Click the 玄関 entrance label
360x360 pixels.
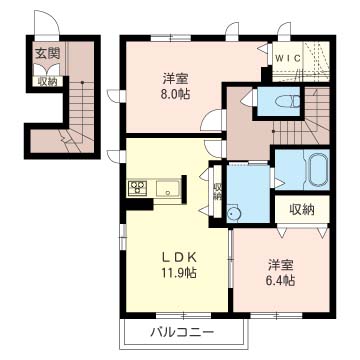[48, 53]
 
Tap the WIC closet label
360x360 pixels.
[288, 58]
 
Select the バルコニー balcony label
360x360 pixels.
[182, 332]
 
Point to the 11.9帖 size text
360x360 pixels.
[179, 273]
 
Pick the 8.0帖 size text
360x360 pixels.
[176, 94]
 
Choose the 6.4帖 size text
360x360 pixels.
[282, 281]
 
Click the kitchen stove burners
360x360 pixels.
[137, 187]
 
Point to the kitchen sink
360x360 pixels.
[168, 189]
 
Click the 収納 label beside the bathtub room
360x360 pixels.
[302, 209]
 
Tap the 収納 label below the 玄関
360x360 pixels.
[47, 81]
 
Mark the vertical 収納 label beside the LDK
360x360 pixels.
[217, 192]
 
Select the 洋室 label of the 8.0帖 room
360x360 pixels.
[176, 79]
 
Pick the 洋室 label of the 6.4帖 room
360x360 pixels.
[281, 265]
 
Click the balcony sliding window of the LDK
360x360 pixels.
[183, 314]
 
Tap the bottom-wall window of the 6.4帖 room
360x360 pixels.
[276, 314]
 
